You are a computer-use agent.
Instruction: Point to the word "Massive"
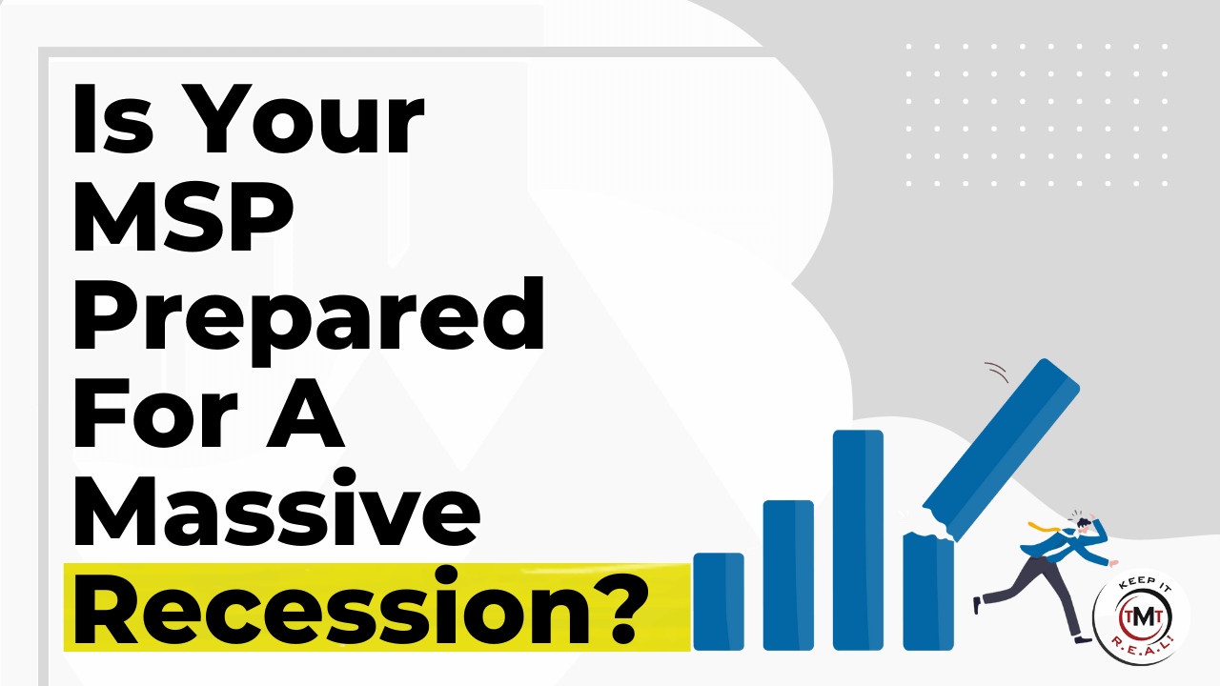click(x=276, y=508)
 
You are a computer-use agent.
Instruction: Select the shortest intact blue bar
click(x=719, y=601)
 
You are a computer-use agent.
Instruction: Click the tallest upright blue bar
click(x=858, y=540)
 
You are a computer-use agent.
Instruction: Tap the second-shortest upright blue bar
click(x=788, y=575)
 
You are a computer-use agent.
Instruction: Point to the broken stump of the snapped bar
click(x=928, y=592)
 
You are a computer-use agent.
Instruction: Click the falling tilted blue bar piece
click(x=1001, y=449)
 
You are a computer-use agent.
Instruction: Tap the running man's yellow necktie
click(x=1043, y=527)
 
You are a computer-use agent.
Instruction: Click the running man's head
click(x=1084, y=524)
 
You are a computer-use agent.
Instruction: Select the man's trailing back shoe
click(x=977, y=605)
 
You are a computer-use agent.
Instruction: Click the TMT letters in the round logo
click(x=1141, y=616)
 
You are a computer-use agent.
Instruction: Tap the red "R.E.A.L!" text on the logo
click(x=1141, y=648)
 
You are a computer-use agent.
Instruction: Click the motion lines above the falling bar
click(x=997, y=372)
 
